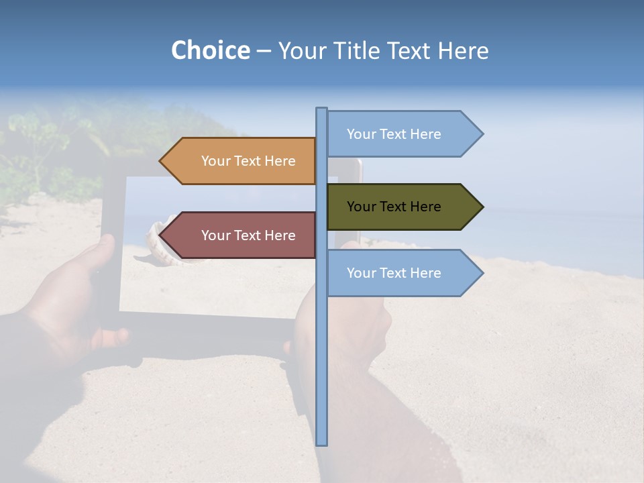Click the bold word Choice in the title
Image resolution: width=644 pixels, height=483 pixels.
point(210,50)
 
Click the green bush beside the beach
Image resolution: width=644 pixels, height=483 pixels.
point(40,154)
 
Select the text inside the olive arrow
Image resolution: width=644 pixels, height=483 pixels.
point(394,207)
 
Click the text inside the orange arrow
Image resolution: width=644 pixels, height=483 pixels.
point(248,161)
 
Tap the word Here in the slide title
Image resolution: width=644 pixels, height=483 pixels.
point(464,51)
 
